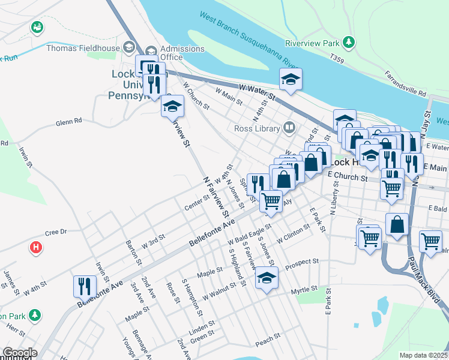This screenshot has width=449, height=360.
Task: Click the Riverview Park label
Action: coord(312,43)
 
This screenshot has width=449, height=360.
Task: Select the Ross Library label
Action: coord(258,128)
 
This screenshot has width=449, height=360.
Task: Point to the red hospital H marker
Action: coord(36,247)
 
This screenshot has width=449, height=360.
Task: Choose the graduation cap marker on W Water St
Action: coord(291,80)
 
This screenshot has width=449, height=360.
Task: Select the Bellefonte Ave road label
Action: coord(211,232)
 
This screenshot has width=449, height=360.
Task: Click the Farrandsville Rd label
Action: coord(406,89)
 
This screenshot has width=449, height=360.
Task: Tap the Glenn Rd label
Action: coord(68,121)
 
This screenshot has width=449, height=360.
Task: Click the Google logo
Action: coord(20,353)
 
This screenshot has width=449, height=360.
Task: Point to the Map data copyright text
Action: coord(424,355)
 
